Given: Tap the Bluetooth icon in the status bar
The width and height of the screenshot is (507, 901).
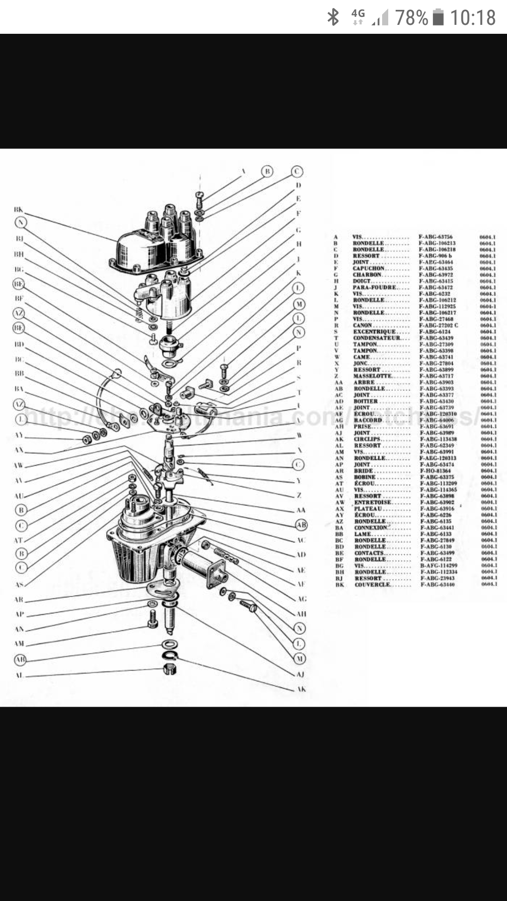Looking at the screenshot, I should pos(333,17).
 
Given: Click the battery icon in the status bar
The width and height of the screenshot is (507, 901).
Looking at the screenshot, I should pos(438,17).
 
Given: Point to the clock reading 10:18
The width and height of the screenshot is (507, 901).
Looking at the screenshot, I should pos(473,18).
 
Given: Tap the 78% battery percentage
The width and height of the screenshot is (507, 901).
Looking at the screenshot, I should pos(411,18).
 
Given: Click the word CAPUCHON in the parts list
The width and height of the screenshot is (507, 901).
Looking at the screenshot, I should pos(369,268).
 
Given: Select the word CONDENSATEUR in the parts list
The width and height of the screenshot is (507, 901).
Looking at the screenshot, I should pos(376,338).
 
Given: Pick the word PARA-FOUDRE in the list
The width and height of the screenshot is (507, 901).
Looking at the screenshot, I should pos(374,287).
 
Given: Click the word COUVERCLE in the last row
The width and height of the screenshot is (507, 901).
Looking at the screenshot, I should pos(372,585).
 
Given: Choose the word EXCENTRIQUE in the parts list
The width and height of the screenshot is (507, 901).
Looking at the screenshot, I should pos(374,332).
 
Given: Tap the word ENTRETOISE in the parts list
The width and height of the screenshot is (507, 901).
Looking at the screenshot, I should pos(373,503).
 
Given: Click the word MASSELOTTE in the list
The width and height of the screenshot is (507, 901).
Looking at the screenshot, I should pos(372,376).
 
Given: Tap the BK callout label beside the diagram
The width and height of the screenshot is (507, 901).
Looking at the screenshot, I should pos(18,210).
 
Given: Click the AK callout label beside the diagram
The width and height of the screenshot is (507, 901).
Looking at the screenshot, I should pos(301,689).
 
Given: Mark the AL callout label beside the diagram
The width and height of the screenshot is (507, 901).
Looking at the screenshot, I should pos(19,676).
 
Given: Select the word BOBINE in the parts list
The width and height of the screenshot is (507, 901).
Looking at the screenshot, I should pos(365,477).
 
